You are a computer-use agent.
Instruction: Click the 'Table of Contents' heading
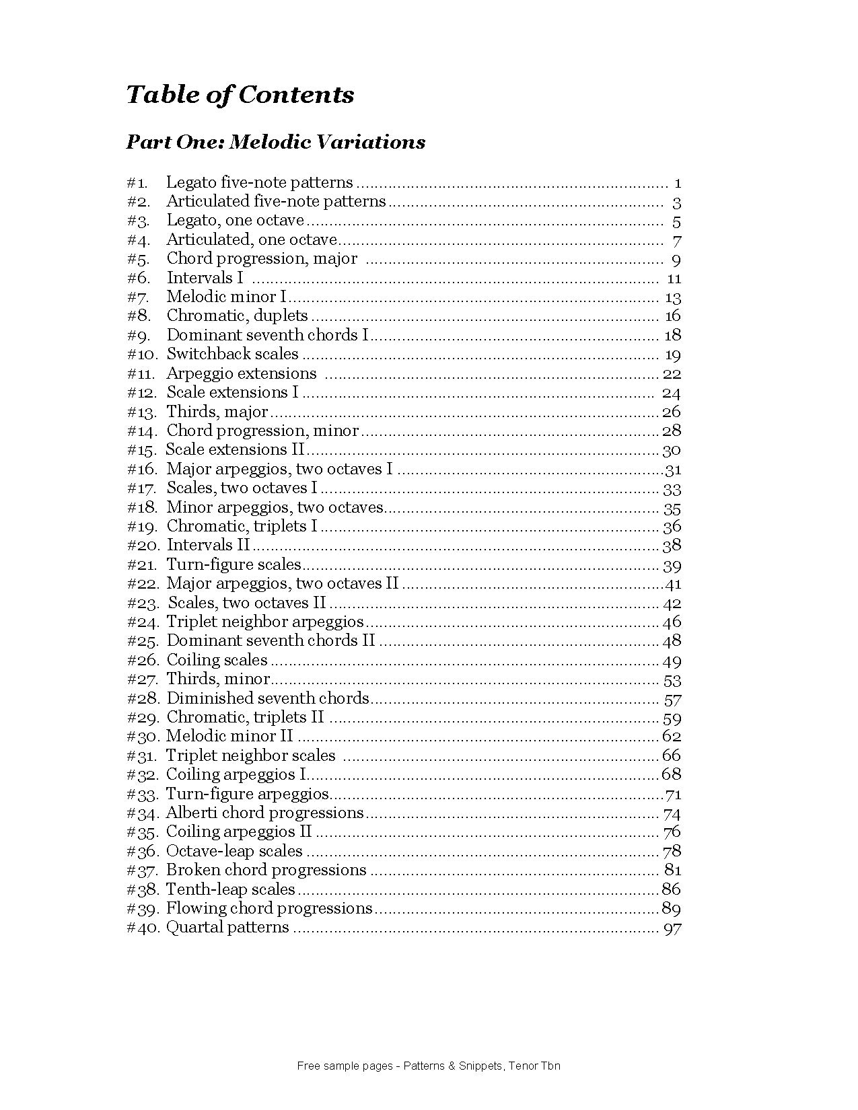pyautogui.click(x=240, y=94)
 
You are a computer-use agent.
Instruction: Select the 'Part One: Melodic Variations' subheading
pyautogui.click(x=276, y=142)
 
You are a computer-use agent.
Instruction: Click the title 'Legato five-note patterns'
pyautogui.click(x=259, y=182)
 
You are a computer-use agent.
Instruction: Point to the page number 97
pyautogui.click(x=672, y=929)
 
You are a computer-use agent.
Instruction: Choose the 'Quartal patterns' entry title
pyautogui.click(x=227, y=928)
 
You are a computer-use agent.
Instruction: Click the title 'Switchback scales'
pyautogui.click(x=232, y=354)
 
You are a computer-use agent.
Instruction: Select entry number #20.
pyautogui.click(x=142, y=546)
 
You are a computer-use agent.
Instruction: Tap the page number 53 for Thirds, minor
pyautogui.click(x=672, y=680)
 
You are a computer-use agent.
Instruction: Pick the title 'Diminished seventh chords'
pyautogui.click(x=268, y=698)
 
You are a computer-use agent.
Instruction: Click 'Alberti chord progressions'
pyautogui.click(x=264, y=813)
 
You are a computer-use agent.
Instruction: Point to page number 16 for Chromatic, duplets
pyautogui.click(x=672, y=316)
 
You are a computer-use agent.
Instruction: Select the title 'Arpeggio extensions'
pyautogui.click(x=241, y=373)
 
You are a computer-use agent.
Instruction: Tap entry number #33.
pyautogui.click(x=142, y=794)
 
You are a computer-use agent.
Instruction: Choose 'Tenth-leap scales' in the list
pyautogui.click(x=230, y=889)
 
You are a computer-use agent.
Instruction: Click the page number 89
pyautogui.click(x=671, y=909)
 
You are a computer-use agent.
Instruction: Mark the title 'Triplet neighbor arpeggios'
pyautogui.click(x=264, y=622)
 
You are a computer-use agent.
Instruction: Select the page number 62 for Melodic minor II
pyautogui.click(x=672, y=737)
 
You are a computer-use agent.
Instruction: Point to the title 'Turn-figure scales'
pyautogui.click(x=234, y=564)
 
